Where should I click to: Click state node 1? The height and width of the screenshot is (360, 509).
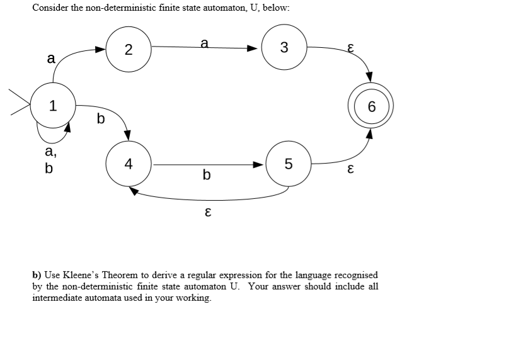point(54,106)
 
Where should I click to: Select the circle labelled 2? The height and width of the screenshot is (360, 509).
point(128,50)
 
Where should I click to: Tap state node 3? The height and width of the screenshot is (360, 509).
point(284,47)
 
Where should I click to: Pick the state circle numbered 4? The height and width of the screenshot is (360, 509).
point(129,165)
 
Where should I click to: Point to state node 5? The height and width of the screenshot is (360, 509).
point(289,165)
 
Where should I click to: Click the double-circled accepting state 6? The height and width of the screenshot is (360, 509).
point(371,106)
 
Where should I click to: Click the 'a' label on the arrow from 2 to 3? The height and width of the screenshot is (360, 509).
point(204,42)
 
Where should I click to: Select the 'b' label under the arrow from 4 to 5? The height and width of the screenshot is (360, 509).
point(207,174)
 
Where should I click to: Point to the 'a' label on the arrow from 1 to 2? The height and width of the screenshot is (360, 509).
point(50,59)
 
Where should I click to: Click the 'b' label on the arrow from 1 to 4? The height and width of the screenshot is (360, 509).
point(100,118)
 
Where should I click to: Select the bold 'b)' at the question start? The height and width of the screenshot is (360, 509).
point(37,275)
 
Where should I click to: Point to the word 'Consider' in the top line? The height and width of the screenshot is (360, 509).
point(49,7)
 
